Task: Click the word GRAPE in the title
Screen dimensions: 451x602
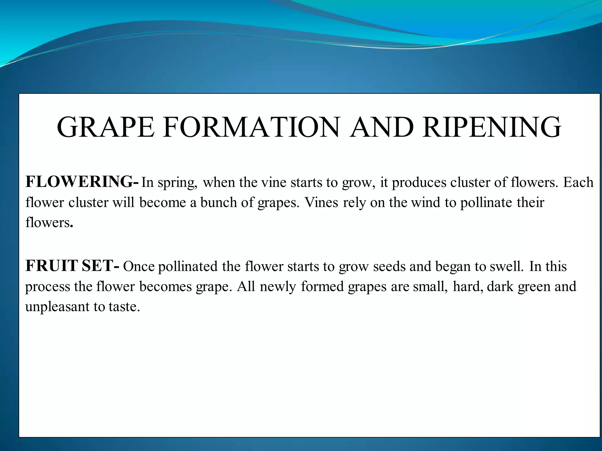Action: (106, 127)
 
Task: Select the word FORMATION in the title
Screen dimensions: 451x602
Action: (251, 127)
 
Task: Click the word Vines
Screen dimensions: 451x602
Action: (321, 202)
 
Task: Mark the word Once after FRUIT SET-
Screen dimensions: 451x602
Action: (139, 266)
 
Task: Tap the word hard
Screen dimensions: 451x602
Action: (468, 286)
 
